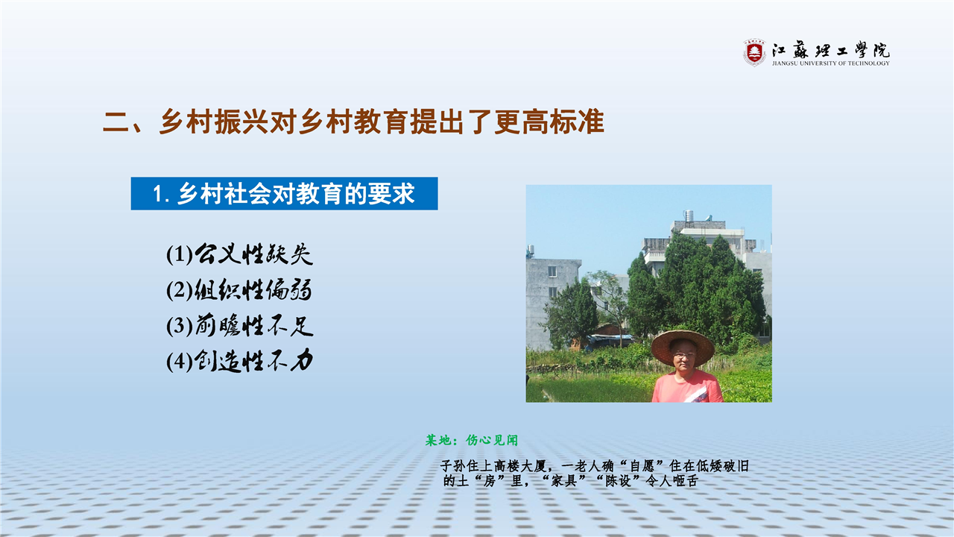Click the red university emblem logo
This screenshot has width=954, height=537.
tap(754, 52)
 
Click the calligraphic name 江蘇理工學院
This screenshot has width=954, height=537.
tap(831, 50)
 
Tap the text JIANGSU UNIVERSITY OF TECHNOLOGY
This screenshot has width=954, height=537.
tap(830, 63)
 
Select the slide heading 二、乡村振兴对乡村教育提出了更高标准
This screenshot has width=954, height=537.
tap(353, 122)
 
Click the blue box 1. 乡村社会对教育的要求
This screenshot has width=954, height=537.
tap(284, 193)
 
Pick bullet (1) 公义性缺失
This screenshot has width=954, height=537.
tap(240, 254)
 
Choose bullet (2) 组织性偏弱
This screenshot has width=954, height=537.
tap(239, 290)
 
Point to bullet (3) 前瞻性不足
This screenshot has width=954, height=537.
tap(240, 326)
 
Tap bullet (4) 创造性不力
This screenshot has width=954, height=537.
tap(240, 362)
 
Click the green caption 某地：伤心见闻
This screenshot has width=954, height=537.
tap(472, 440)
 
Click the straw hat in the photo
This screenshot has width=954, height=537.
tap(683, 346)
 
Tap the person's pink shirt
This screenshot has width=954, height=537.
tap(687, 387)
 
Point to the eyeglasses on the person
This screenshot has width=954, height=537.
tap(684, 354)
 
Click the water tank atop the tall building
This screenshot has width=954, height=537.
tap(688, 216)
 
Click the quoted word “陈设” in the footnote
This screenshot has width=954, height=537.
tap(618, 481)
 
